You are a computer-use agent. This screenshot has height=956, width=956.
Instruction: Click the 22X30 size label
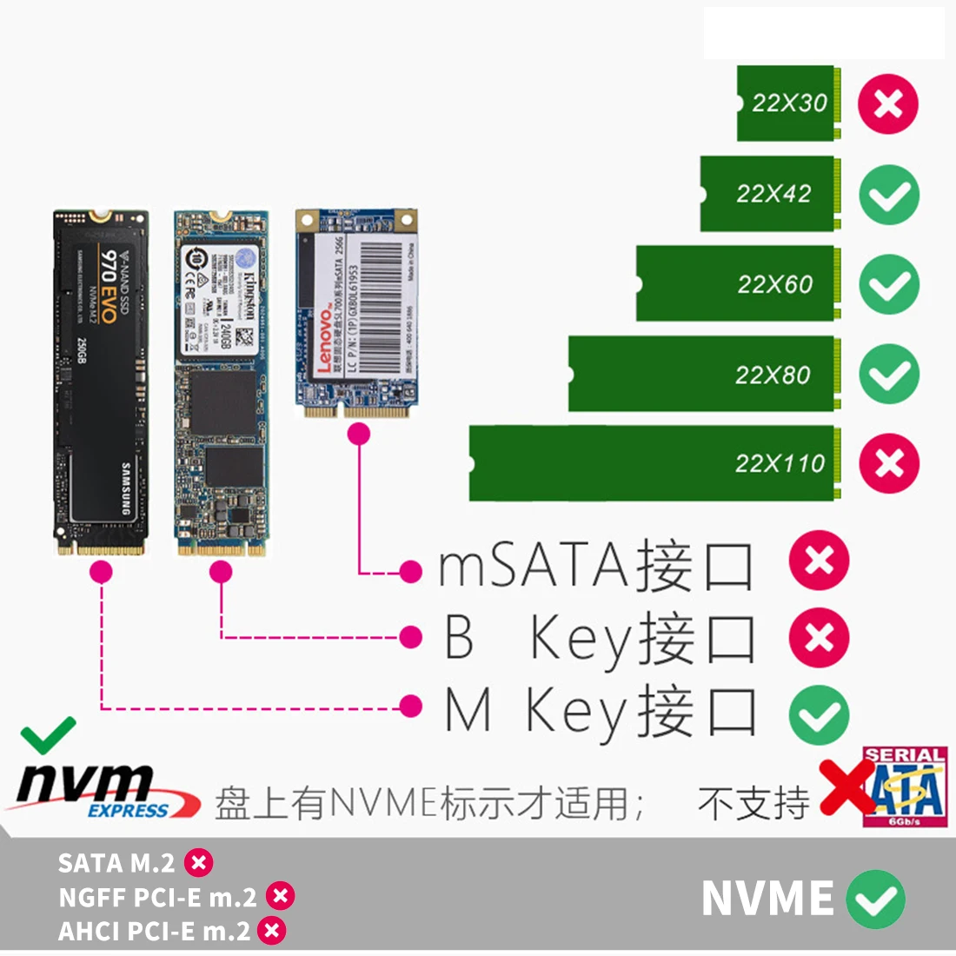click(789, 103)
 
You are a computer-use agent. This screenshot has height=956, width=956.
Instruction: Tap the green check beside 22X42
click(889, 195)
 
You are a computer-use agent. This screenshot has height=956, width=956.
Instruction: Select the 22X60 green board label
click(774, 284)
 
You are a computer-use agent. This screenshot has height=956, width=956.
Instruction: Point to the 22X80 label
click(772, 375)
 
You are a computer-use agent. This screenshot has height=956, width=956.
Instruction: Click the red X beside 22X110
click(888, 463)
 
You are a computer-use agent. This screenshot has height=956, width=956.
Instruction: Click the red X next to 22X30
click(888, 103)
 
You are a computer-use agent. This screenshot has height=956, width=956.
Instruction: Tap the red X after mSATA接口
click(819, 561)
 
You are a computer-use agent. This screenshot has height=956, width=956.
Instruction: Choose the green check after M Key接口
click(819, 714)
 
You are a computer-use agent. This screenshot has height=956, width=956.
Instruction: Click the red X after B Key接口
click(819, 638)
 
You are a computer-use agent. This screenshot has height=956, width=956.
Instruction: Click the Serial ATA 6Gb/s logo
click(904, 787)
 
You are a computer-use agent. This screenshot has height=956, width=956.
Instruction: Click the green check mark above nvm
click(49, 736)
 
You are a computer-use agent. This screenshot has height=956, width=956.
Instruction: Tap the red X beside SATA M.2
click(199, 863)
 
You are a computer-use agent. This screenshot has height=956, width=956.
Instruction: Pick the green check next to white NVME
click(875, 899)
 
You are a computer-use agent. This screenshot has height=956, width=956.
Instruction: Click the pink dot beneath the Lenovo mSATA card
click(358, 435)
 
